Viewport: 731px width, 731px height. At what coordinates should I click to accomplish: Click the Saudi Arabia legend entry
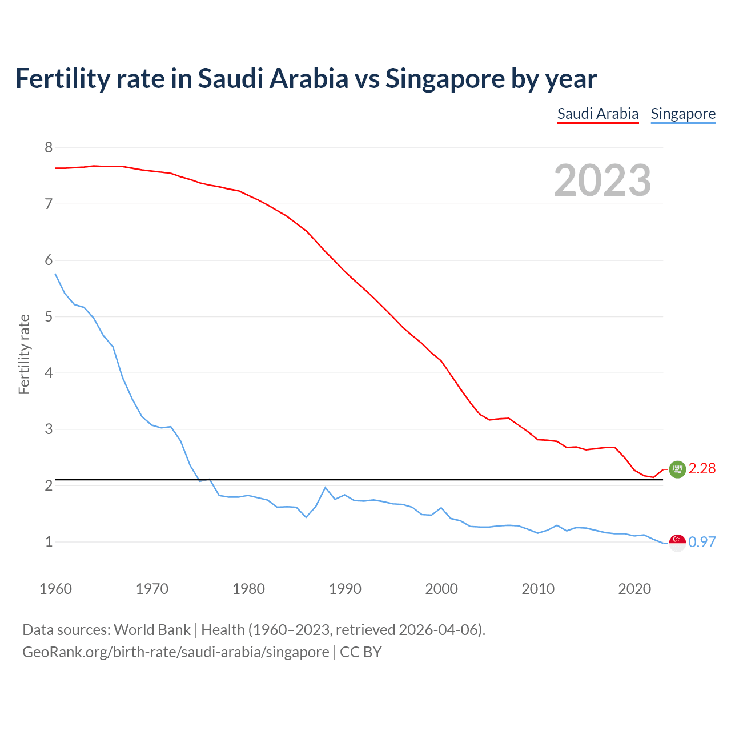click(x=597, y=114)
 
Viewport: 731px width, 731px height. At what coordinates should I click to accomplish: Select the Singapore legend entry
click(x=683, y=114)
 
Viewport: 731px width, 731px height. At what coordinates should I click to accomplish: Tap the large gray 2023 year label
click(x=603, y=180)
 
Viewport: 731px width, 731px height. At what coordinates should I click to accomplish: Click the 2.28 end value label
click(x=702, y=468)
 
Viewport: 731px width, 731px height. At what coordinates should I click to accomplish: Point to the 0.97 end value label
click(x=702, y=542)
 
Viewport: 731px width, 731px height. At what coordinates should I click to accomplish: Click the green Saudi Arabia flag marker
click(x=677, y=469)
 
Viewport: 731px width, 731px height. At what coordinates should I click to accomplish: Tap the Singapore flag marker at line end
click(x=677, y=543)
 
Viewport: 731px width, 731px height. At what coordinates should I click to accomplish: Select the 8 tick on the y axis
click(x=49, y=148)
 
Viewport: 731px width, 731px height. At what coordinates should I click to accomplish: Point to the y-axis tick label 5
click(x=49, y=316)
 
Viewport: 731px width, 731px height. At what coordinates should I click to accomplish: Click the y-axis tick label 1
click(x=49, y=541)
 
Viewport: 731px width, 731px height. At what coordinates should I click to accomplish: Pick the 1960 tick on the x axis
click(x=55, y=589)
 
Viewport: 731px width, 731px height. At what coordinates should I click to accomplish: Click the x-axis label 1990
click(x=345, y=589)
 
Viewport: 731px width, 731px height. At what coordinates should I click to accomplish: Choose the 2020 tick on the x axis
click(x=634, y=589)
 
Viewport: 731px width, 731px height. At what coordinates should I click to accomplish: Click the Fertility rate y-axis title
click(x=24, y=354)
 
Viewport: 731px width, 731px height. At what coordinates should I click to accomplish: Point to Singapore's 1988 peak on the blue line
click(x=325, y=488)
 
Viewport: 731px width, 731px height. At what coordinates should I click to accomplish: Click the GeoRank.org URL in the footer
click(x=176, y=652)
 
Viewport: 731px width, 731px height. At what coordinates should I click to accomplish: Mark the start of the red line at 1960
click(x=55, y=168)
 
